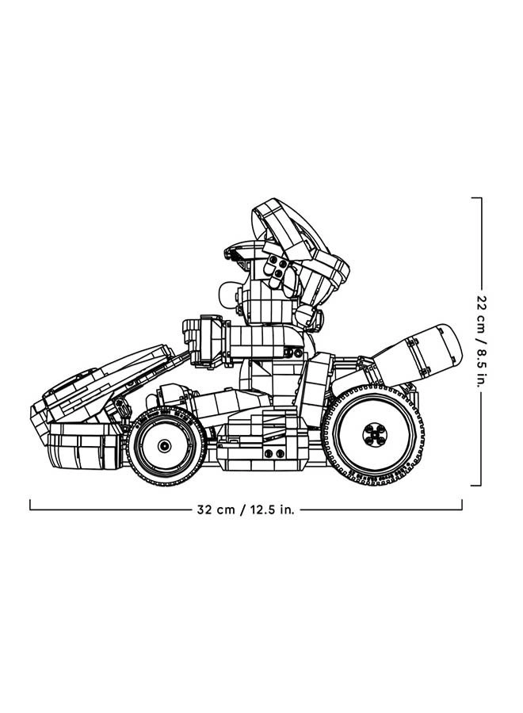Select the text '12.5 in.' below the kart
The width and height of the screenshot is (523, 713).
point(272,510)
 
